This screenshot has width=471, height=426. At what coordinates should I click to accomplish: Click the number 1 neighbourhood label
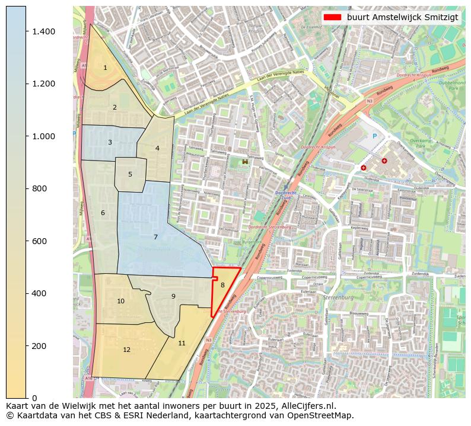[105, 68]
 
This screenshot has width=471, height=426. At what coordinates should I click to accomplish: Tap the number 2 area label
[114, 107]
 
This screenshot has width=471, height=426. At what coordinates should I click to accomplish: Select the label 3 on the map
[110, 142]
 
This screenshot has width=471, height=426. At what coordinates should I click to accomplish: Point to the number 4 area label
[157, 148]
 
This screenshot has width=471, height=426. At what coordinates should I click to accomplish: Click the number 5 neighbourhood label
[130, 174]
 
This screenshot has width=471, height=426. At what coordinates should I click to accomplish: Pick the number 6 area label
[103, 213]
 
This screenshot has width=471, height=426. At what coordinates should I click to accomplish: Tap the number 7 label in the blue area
[155, 237]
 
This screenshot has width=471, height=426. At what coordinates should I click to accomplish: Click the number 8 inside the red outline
[222, 285]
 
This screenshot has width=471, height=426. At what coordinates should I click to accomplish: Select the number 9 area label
[173, 296]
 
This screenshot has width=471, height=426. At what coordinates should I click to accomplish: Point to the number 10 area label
[120, 301]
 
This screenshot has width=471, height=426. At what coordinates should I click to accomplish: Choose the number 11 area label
[182, 343]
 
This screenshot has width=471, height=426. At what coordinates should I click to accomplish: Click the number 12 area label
[126, 350]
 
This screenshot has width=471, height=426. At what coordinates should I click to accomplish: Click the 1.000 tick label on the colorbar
[43, 136]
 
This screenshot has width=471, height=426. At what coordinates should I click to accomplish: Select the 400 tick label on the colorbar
[39, 293]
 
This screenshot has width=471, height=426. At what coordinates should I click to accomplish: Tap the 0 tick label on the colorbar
[34, 398]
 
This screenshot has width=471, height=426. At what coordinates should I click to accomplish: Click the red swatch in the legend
[332, 17]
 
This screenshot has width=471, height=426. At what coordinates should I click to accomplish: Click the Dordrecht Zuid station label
[286, 195]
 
